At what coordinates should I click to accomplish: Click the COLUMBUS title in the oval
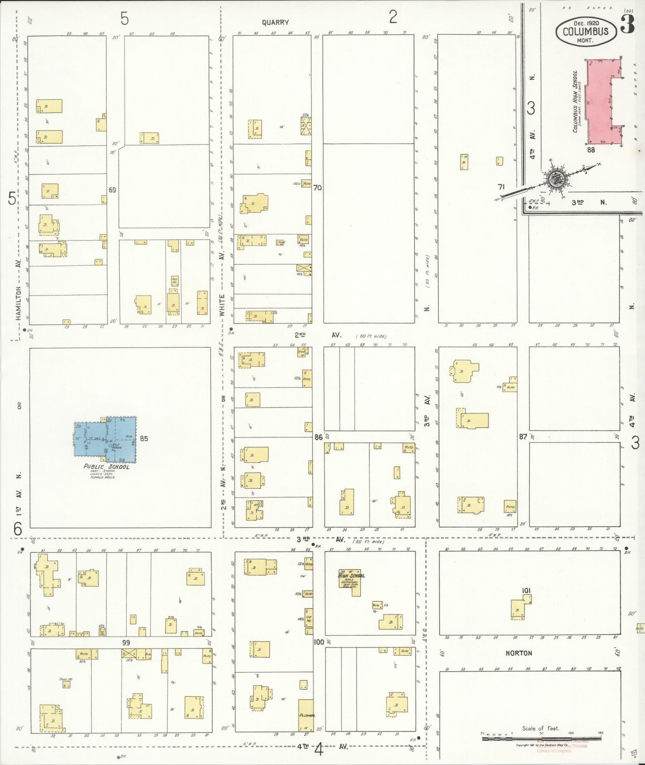(586, 31)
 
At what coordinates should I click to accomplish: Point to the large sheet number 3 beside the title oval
(627, 25)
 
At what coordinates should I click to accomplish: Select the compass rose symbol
(557, 179)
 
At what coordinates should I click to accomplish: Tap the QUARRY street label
(275, 22)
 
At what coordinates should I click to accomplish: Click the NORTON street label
(518, 653)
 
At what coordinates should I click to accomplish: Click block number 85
(144, 438)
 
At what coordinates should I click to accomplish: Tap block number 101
(526, 590)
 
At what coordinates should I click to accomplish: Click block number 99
(126, 642)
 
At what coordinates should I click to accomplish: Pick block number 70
(317, 187)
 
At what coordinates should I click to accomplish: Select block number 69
(112, 190)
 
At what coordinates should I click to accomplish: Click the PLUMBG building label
(307, 715)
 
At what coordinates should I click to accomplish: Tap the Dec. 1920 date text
(586, 23)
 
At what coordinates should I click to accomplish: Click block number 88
(591, 150)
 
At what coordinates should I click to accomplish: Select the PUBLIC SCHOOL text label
(107, 467)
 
